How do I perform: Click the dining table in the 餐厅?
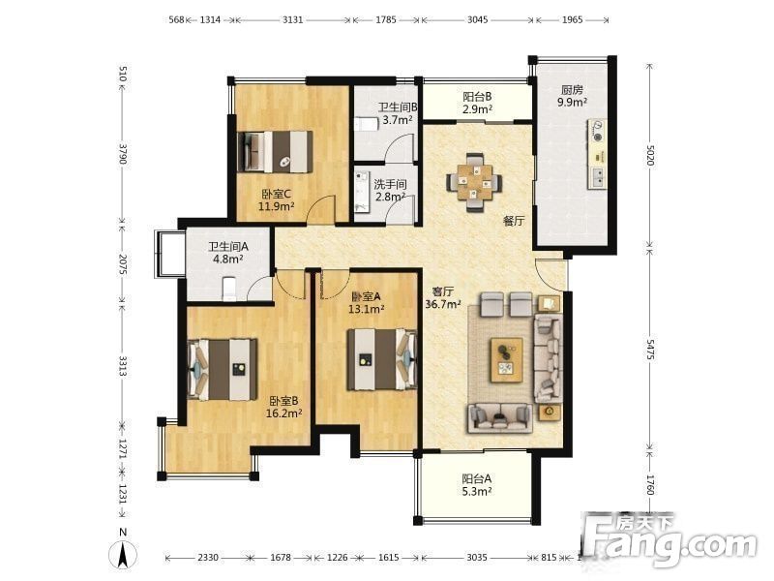[x=474, y=183]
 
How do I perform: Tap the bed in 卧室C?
[x=275, y=151]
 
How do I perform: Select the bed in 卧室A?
[x=381, y=359]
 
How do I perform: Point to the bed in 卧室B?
[x=223, y=369]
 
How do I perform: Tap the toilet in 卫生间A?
[x=229, y=289]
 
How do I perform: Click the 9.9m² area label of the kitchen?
[x=572, y=103]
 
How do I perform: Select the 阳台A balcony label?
[x=476, y=478]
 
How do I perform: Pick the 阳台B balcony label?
[x=477, y=97]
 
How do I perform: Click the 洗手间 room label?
[x=390, y=184]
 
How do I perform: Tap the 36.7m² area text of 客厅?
[x=443, y=304]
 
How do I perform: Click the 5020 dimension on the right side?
[x=650, y=156]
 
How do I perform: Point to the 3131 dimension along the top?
[x=293, y=19]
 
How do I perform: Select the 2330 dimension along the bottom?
[x=208, y=558]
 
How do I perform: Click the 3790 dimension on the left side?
[x=123, y=154]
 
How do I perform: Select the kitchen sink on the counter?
[x=597, y=177]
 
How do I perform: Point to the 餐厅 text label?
[x=514, y=221]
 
